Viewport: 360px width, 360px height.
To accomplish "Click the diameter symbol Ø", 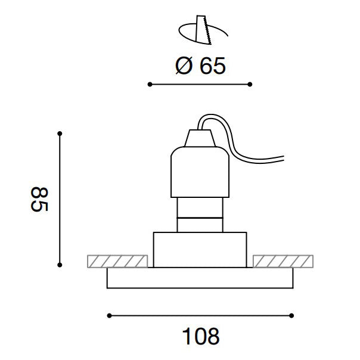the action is coord(184,66).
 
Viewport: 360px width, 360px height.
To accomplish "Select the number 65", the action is coord(213,66).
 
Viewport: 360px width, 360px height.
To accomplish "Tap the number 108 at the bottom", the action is coord(201,336).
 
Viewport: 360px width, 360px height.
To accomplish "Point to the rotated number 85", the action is coord(39,199).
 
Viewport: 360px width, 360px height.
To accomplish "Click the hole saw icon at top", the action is coord(203,30).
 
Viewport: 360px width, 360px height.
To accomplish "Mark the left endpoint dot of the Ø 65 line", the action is coord(150,84).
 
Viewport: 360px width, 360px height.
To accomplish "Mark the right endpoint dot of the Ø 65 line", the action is coord(250,84).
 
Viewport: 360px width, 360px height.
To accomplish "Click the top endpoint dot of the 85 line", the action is coord(60,134).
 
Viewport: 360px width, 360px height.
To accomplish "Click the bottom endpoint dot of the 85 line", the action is coord(60,265).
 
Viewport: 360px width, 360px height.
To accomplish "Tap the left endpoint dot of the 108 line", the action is coord(109,316).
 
